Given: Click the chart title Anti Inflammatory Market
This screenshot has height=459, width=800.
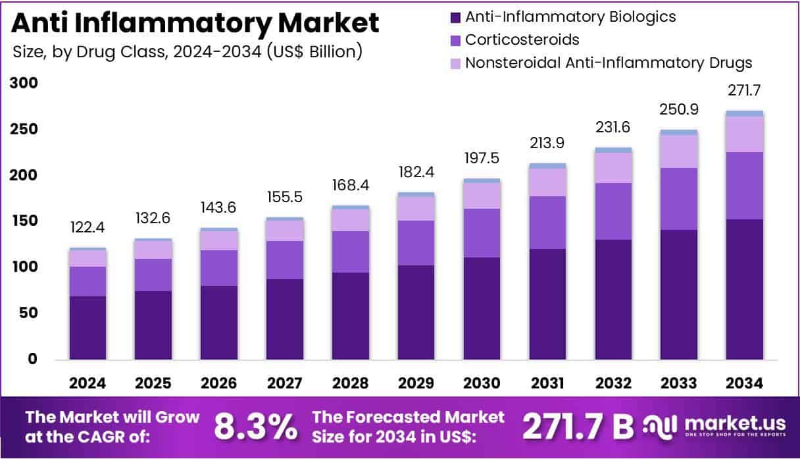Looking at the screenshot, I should tap(195, 24).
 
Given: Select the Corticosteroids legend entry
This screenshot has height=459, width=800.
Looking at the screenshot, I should tap(522, 40).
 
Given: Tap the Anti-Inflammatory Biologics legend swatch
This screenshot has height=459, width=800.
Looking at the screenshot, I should tap(453, 16).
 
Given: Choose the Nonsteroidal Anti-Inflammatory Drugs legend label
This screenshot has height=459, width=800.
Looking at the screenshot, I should tap(609, 63).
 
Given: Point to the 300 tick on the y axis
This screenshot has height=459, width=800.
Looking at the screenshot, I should tap(24, 84).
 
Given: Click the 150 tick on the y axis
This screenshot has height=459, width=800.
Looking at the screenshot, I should tap(24, 221).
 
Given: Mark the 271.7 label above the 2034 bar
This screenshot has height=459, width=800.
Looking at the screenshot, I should tap(745, 90).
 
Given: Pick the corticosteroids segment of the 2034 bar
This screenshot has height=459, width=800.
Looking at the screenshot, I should tap(745, 186).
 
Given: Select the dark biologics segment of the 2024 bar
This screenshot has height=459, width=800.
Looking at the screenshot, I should tap(88, 327).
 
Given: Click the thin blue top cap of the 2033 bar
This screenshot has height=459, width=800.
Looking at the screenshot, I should tap(679, 132).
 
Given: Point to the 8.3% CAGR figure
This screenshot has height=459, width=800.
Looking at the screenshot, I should tap(255, 427).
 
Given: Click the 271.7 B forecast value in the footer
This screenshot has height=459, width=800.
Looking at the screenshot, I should tap(577, 427).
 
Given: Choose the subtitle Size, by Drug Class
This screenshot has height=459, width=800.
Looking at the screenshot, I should tap(187, 51).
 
